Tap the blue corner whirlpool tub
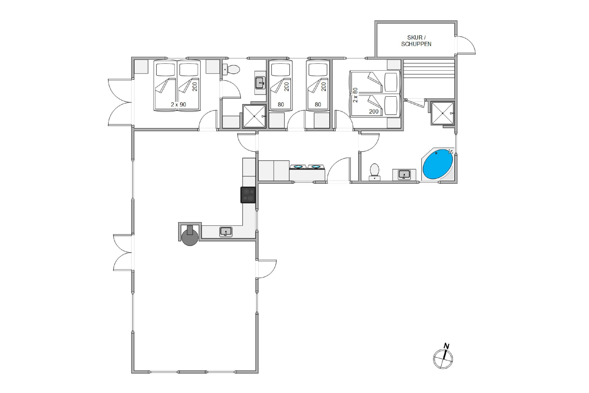coord(437,164)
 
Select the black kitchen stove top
coord(248,195)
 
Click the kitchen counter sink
coord(226,232)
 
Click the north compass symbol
coord(443,359)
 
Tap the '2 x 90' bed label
coord(178,104)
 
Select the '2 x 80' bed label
coord(355,95)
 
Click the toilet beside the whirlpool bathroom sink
coord(375,172)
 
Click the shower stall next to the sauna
coord(443,113)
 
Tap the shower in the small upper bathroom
coord(254,116)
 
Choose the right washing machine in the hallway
coord(316,166)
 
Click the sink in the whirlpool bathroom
coord(404,175)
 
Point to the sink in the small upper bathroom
coord(260,83)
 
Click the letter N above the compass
coord(446,346)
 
